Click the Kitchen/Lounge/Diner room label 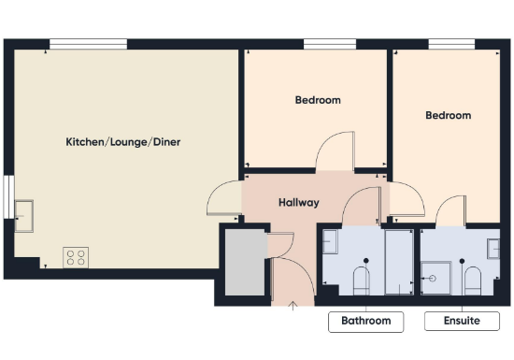click(x=122, y=142)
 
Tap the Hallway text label click(x=299, y=202)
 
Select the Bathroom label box click(x=365, y=321)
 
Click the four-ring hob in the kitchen click(x=76, y=257)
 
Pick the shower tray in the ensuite click(x=433, y=275)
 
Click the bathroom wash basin click(x=329, y=242)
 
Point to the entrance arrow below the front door click(x=293, y=303)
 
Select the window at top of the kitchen click(x=88, y=43)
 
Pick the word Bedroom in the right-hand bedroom click(x=448, y=116)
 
